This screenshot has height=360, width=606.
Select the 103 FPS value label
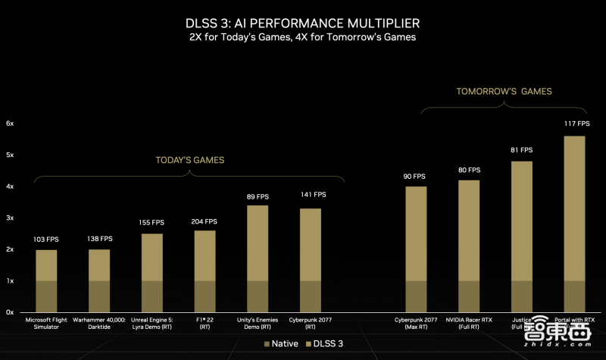(46, 239)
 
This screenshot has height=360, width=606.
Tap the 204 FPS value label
(205, 221)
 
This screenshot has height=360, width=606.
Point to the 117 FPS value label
(576, 123)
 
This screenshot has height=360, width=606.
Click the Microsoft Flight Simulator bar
(46, 280)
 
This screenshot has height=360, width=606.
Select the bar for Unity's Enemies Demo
(258, 258)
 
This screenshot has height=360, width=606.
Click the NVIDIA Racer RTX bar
(469, 246)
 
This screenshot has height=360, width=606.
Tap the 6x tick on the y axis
(10, 123)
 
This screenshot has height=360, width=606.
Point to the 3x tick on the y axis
(10, 218)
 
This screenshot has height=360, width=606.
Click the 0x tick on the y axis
(10, 311)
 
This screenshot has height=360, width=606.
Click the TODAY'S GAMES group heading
(190, 160)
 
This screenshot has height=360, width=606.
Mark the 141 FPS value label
(311, 195)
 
